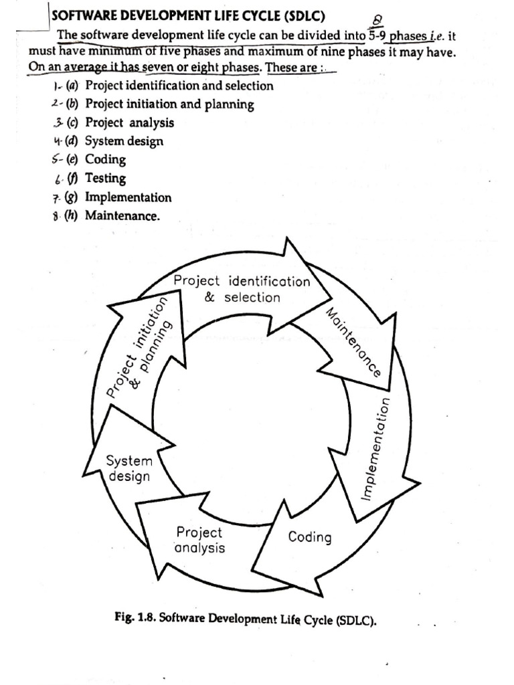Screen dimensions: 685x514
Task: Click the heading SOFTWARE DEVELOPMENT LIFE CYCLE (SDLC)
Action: pyautogui.click(x=189, y=16)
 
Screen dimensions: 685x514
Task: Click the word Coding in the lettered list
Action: pyautogui.click(x=105, y=160)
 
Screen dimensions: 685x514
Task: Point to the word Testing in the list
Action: pyautogui.click(x=105, y=179)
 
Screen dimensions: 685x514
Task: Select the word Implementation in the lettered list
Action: pyautogui.click(x=128, y=197)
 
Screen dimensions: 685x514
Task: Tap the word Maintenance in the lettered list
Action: pyautogui.click(x=122, y=216)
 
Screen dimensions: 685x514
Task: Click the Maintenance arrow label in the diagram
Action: pyautogui.click(x=353, y=342)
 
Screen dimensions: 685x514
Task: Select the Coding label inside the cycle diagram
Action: pyautogui.click(x=309, y=537)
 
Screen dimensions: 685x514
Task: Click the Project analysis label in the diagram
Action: pyautogui.click(x=199, y=541)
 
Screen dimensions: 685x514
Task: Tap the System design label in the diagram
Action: pyautogui.click(x=130, y=468)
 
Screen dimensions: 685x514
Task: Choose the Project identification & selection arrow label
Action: pyautogui.click(x=242, y=289)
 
